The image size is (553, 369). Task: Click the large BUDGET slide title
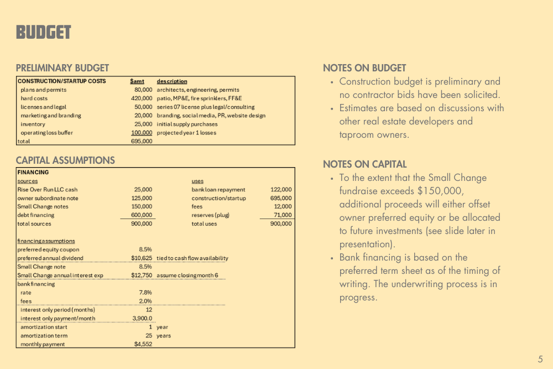pos(44,33)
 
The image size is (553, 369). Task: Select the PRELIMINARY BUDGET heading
pos(62,68)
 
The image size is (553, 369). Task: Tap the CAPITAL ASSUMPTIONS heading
pos(65,160)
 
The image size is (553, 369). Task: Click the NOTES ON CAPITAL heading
pos(364,164)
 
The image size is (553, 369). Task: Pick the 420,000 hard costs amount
pos(142,98)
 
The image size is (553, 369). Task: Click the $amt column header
pos(137,81)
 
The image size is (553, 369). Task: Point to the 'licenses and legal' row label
pos(44,107)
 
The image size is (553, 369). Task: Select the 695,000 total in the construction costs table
pos(142,141)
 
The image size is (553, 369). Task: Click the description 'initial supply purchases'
pos(187,124)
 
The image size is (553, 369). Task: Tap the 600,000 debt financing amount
pos(142,215)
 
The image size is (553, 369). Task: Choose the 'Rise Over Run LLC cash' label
pos(48,189)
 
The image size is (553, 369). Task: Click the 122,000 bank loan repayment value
pos(281,189)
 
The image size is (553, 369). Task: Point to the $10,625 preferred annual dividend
pos(142,258)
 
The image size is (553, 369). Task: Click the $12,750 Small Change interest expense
pos(142,275)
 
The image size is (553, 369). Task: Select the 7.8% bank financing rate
pos(145,292)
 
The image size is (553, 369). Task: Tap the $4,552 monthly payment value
pos(143,344)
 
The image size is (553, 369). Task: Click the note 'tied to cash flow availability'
pos(192,258)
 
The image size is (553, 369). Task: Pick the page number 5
pos(540,359)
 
